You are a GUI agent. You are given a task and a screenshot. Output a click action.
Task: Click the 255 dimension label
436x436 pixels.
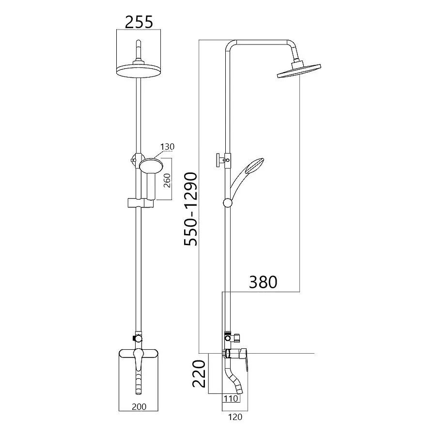(x=139, y=22)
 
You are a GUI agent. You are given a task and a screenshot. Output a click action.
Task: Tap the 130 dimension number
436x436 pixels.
(x=168, y=146)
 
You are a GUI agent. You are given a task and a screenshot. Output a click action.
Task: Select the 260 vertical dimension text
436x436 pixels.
(x=167, y=180)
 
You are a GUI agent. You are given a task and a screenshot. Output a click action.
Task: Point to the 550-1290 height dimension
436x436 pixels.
(x=190, y=209)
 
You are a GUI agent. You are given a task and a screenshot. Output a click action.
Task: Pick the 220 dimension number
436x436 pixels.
(x=199, y=374)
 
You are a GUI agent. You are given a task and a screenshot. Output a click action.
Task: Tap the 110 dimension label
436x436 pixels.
(x=231, y=399)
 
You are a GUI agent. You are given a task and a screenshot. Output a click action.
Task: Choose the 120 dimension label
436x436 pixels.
(x=235, y=417)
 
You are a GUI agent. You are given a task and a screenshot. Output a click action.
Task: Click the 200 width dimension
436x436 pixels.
(x=139, y=406)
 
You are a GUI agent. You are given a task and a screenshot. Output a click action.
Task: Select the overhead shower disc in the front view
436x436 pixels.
(x=139, y=71)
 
